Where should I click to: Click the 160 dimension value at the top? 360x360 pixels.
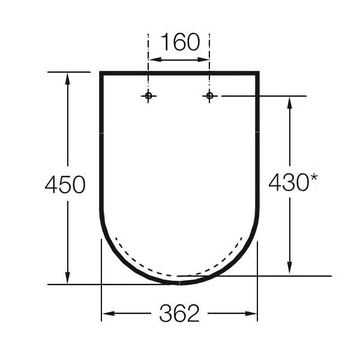[x=179, y=43]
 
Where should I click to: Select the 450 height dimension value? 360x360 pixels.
[x=65, y=185]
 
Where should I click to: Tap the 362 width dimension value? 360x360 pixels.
[x=179, y=313]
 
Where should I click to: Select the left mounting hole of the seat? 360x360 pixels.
[x=149, y=96]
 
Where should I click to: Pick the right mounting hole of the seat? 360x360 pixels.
[x=209, y=96]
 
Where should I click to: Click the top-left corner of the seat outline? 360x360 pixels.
[x=101, y=73]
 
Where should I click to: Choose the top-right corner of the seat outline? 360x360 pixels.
[x=258, y=73]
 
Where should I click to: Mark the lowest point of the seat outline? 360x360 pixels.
[x=179, y=281]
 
